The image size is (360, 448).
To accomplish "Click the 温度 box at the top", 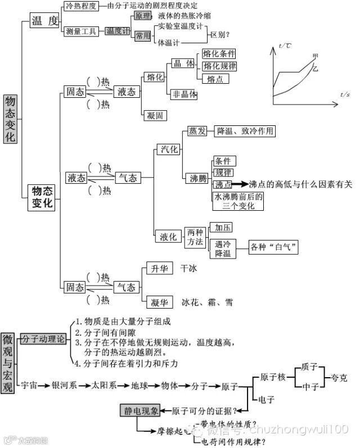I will pos(45,21).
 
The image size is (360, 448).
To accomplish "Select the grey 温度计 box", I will pos(118,31).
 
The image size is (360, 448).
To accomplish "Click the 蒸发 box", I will pos(197,131).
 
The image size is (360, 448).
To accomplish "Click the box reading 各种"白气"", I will pos(274,247).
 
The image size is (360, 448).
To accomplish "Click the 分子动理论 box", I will pos(43,339).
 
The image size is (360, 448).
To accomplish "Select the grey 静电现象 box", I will pos(141,411).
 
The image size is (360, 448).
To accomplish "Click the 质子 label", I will pos(309,367).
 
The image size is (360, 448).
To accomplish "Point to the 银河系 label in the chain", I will pos(64,386).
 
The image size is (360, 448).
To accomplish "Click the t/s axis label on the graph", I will pos(345,94).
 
